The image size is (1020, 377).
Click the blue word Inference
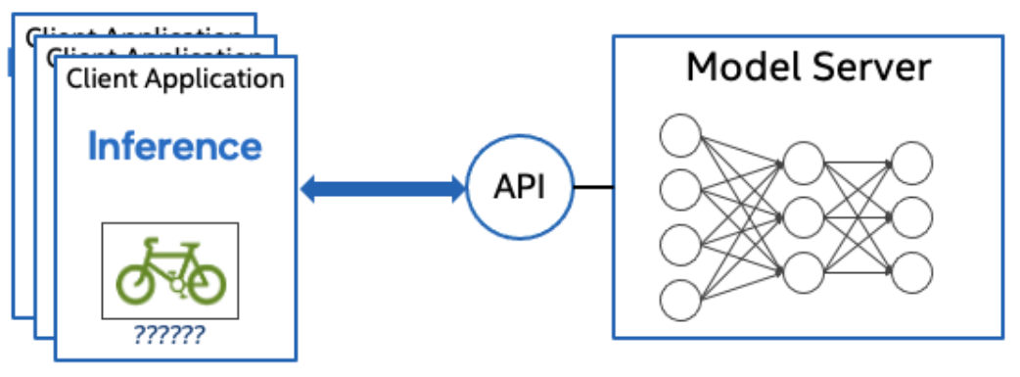click(x=175, y=147)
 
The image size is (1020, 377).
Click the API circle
click(x=518, y=186)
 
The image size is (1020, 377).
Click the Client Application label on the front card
click(x=175, y=78)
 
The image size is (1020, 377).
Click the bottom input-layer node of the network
click(x=680, y=298)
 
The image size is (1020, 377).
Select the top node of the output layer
click(x=910, y=161)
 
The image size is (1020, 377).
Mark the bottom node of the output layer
click(x=910, y=270)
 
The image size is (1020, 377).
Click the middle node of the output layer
click(x=910, y=215)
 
